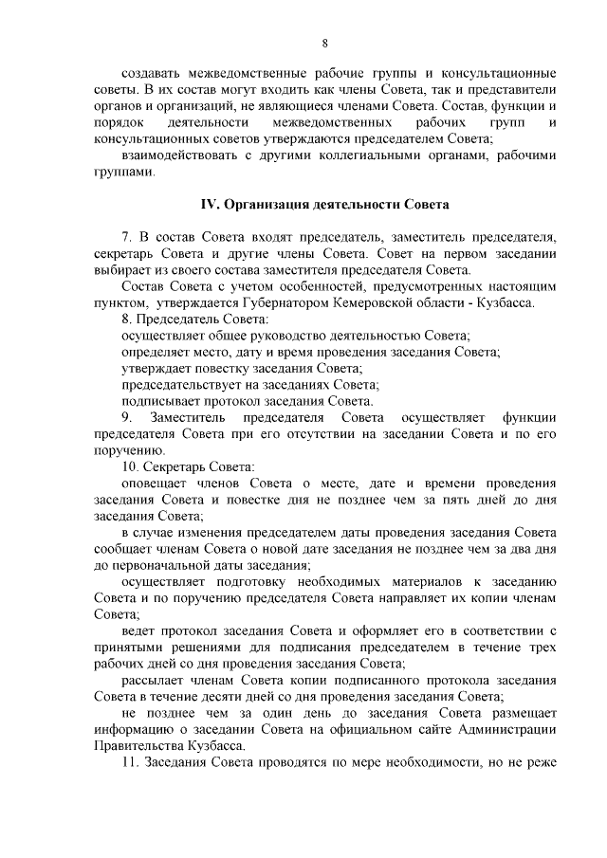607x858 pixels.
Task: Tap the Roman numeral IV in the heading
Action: pos(208,205)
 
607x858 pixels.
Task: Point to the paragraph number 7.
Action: pos(127,235)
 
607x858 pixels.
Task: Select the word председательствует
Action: pos(183,383)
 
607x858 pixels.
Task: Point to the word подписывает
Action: pos(159,400)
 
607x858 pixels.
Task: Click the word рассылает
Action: pos(156,680)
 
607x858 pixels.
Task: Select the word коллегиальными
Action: pos(363,155)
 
